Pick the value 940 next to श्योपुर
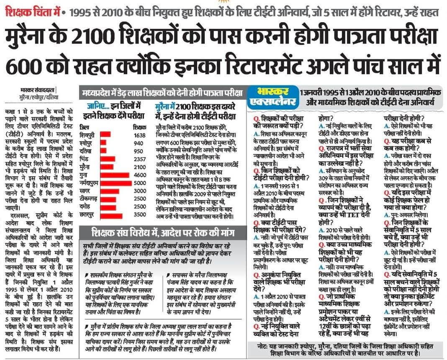(x=139, y=143)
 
